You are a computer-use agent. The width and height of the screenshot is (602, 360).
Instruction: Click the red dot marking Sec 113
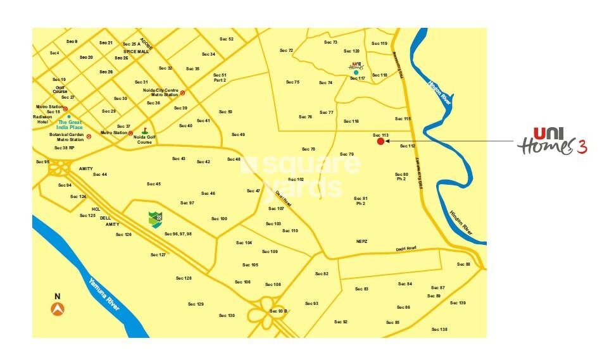(380, 142)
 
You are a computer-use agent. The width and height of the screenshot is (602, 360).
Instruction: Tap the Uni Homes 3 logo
(551, 141)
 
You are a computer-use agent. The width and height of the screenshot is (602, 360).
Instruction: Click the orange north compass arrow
(58, 309)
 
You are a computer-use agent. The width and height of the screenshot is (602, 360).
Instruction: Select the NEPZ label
(362, 241)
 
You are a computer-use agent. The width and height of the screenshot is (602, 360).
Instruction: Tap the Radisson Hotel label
(43, 119)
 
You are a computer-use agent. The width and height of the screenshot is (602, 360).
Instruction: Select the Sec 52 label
(227, 39)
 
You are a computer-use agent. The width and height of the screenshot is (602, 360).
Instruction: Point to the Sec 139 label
(458, 303)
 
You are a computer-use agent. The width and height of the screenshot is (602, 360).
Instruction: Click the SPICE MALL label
(136, 51)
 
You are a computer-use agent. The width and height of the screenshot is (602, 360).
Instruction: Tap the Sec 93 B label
(279, 311)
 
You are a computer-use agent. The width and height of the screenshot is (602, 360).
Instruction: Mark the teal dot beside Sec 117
(356, 73)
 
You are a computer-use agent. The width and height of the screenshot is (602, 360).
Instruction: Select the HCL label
(96, 209)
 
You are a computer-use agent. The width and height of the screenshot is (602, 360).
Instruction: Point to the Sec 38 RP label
(65, 147)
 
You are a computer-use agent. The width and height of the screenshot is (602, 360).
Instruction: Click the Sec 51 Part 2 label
(220, 78)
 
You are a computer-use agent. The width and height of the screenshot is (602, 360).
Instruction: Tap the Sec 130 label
(227, 315)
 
